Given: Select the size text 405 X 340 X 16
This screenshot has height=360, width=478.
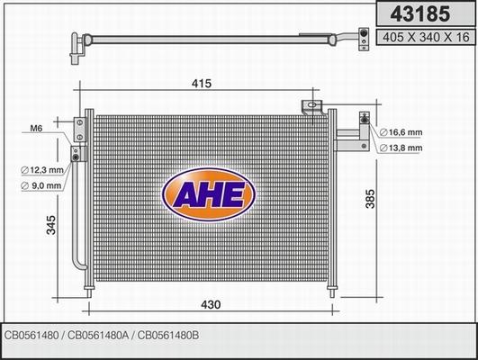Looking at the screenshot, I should pyautogui.click(x=425, y=37).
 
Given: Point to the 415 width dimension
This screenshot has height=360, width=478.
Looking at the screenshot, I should pyautogui.click(x=201, y=84).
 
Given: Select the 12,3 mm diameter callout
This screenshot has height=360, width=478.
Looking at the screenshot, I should pyautogui.click(x=43, y=170).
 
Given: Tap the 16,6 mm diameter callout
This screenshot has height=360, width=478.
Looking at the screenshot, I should pyautogui.click(x=403, y=131).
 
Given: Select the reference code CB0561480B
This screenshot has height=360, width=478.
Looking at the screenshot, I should pyautogui.click(x=170, y=336).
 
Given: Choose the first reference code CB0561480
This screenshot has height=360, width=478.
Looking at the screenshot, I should pyautogui.click(x=33, y=336).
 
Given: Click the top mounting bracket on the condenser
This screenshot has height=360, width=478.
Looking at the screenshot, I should pyautogui.click(x=313, y=106).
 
